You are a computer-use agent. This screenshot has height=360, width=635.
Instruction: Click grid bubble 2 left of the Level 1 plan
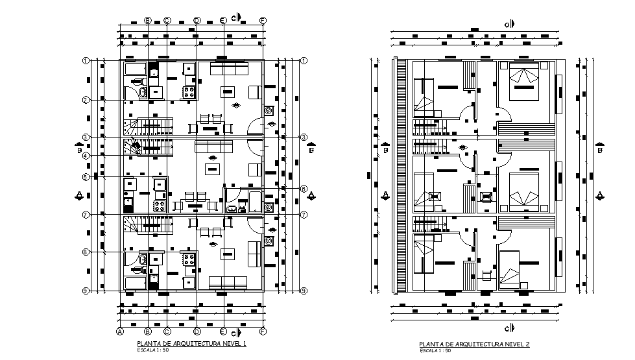tap(85, 100)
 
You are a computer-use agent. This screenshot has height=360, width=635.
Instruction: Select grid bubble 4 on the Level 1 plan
tap(85, 156)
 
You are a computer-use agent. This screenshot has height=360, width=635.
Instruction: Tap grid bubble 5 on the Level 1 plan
tap(85, 176)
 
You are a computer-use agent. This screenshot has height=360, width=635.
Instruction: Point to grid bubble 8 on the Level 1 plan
tap(85, 252)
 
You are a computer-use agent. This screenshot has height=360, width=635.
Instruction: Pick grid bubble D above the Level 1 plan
tap(197, 21)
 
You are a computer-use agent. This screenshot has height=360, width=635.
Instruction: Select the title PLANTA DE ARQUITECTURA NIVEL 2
tap(473, 344)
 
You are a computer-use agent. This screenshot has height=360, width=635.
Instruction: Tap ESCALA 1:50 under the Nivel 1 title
tap(152, 350)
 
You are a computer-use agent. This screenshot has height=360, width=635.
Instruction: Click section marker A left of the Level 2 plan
tap(385, 195)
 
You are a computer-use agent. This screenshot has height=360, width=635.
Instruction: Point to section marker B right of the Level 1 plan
tap(312, 149)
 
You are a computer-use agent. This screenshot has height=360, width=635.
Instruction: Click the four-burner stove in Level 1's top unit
tap(189, 92)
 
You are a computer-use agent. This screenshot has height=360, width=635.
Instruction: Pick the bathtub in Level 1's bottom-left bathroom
tap(136, 283)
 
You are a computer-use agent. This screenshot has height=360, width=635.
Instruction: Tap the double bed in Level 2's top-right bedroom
tap(524, 82)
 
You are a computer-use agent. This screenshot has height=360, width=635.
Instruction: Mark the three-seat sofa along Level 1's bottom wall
tap(226, 282)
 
